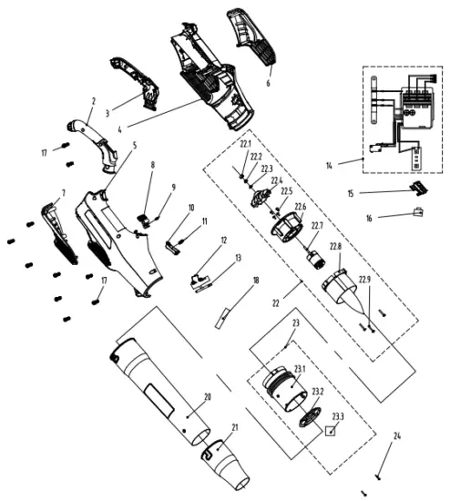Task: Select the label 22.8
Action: [x=336, y=247]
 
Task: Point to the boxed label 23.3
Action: [x=337, y=417]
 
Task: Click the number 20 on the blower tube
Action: [x=208, y=397]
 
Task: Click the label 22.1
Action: [x=245, y=144]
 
